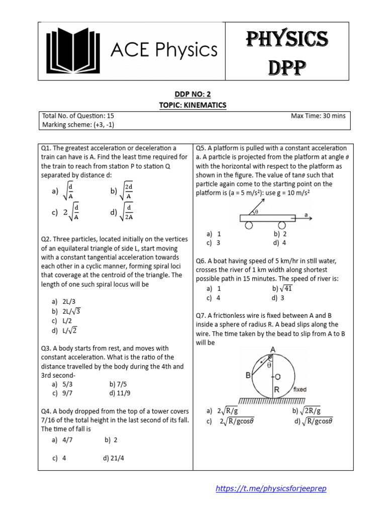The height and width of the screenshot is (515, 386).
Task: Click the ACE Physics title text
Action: [x=164, y=50]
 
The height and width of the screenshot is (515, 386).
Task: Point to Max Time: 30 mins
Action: [x=318, y=116]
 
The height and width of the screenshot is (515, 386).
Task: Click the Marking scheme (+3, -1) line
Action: [x=78, y=125]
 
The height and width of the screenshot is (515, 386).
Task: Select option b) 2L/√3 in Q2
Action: [x=66, y=311]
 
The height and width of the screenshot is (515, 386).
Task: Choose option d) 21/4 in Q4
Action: [x=114, y=458]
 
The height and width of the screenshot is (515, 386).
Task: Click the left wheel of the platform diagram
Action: [x=249, y=225]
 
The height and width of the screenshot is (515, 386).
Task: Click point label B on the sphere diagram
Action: [x=248, y=375]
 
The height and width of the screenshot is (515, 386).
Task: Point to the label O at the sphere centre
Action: [x=276, y=376]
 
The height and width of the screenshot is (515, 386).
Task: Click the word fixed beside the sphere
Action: [x=300, y=389]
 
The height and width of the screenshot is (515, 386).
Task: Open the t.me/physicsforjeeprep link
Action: [x=274, y=488]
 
